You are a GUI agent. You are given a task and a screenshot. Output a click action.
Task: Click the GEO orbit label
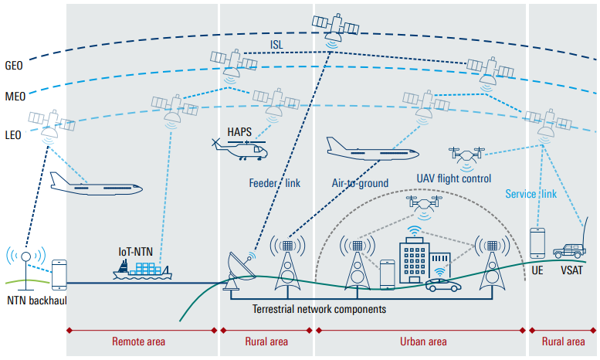(14, 66)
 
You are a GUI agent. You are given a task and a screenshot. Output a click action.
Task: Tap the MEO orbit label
(15, 96)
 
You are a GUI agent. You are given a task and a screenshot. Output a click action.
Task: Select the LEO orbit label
(13, 135)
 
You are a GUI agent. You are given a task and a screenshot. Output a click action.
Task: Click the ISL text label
(276, 45)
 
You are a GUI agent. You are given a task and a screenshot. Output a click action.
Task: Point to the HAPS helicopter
(239, 150)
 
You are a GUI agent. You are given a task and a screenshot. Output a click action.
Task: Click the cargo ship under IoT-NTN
(142, 270)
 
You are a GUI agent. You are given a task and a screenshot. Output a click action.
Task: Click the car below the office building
(443, 285)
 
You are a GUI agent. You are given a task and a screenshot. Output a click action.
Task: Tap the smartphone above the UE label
(537, 243)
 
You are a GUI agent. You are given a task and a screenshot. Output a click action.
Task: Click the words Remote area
(138, 341)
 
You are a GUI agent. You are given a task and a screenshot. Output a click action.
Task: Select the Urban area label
(423, 341)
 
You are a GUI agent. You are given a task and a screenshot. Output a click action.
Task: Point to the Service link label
(531, 194)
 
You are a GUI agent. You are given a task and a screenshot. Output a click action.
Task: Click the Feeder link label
(275, 183)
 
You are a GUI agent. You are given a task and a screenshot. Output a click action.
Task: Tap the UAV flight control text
(454, 178)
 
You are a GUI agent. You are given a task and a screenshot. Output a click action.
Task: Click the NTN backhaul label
(37, 301)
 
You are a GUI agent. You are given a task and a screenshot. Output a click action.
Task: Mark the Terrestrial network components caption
(319, 309)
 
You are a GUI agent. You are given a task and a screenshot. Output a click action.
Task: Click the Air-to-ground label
(360, 183)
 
